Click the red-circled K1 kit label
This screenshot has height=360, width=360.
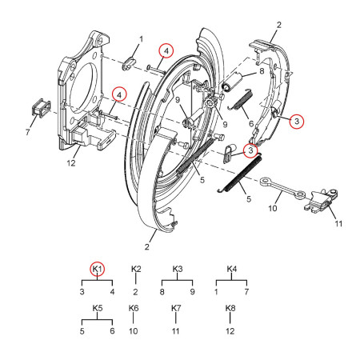(98, 270)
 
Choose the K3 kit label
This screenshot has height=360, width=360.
(178, 270)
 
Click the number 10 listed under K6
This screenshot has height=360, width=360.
(134, 330)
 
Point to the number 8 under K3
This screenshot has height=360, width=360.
(162, 293)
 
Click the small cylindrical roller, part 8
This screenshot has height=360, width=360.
(231, 81)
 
